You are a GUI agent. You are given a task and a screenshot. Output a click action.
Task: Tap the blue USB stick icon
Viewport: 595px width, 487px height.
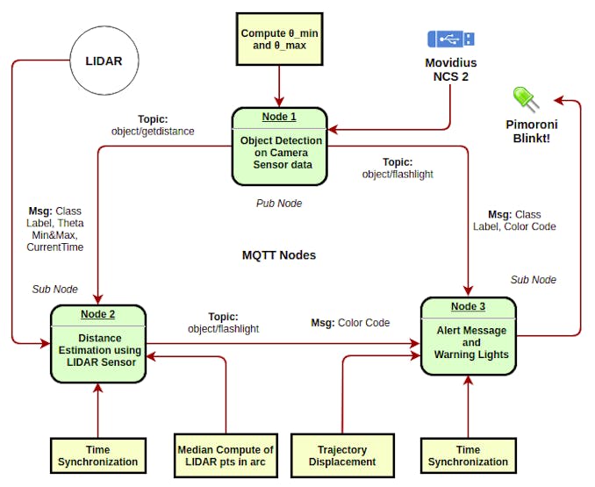[451, 39]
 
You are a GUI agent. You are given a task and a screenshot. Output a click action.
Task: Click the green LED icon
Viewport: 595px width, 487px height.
[522, 97]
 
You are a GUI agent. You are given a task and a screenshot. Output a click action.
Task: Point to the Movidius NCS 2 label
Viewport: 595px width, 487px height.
[451, 71]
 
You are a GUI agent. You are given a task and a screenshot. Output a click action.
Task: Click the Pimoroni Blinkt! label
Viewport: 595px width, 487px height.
[533, 132]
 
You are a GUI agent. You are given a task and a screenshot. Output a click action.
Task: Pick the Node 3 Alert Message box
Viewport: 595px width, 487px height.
[470, 337]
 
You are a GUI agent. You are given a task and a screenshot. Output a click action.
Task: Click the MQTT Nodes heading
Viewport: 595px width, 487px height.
[279, 256]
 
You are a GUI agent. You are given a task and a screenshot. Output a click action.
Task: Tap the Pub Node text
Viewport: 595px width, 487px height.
[279, 204]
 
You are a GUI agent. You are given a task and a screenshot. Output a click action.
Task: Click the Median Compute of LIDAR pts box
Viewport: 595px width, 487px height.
[225, 455]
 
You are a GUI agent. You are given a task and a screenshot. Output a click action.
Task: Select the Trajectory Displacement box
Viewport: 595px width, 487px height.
[342, 455]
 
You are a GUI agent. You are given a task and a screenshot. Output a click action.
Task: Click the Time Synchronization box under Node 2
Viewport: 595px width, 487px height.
[97, 455]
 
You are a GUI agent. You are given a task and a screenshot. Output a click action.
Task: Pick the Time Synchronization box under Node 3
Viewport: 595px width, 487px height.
[468, 455]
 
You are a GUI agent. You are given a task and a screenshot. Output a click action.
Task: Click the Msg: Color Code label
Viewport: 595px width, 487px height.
[350, 323]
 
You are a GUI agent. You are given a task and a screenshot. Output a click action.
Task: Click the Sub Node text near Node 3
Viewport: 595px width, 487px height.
[534, 280]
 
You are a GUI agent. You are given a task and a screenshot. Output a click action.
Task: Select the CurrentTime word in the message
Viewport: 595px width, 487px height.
[56, 247]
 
